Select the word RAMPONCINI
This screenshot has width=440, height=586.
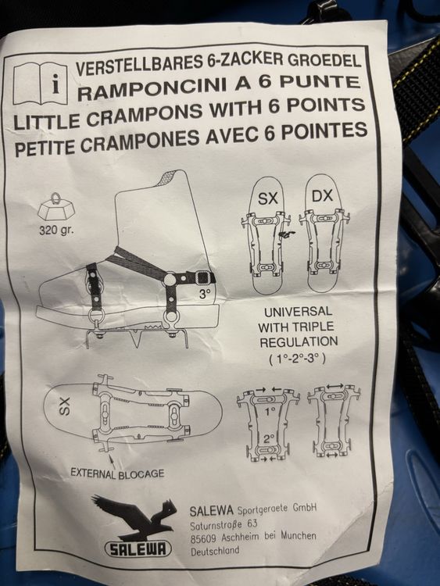(x=151, y=88)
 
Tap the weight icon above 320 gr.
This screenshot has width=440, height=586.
(x=56, y=208)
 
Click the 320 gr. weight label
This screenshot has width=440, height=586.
(x=57, y=229)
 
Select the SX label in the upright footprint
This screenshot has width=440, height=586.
(x=267, y=198)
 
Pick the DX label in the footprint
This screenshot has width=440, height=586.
(x=322, y=195)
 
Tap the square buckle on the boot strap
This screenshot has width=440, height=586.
(x=202, y=277)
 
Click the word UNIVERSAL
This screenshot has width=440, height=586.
(x=298, y=311)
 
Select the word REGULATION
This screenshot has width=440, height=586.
(x=299, y=341)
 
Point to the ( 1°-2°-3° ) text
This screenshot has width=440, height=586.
(x=297, y=359)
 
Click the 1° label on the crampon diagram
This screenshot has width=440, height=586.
(x=270, y=412)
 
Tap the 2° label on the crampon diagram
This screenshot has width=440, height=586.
(x=268, y=439)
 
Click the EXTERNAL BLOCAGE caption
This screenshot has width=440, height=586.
(x=117, y=473)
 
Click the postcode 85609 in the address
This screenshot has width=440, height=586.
(x=203, y=538)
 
